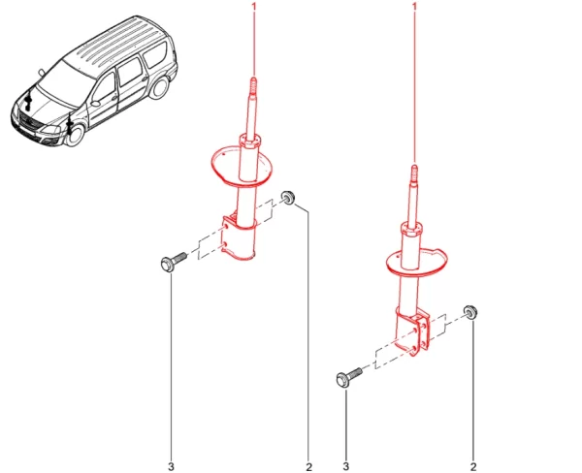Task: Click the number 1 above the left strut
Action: [254, 7]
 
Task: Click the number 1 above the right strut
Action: [414, 7]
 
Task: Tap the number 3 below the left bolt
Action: [171, 466]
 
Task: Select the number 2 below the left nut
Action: [308, 467]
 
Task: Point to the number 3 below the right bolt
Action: [346, 466]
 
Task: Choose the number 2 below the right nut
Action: [473, 466]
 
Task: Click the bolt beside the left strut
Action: [174, 262]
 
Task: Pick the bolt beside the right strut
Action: [349, 377]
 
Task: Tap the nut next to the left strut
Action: [288, 198]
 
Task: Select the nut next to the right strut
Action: [470, 312]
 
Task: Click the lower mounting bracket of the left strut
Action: [238, 237]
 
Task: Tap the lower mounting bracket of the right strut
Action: [413, 332]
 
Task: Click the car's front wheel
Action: [76, 134]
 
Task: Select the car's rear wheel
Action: [160, 88]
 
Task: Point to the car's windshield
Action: [61, 84]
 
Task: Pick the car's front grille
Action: [29, 121]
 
